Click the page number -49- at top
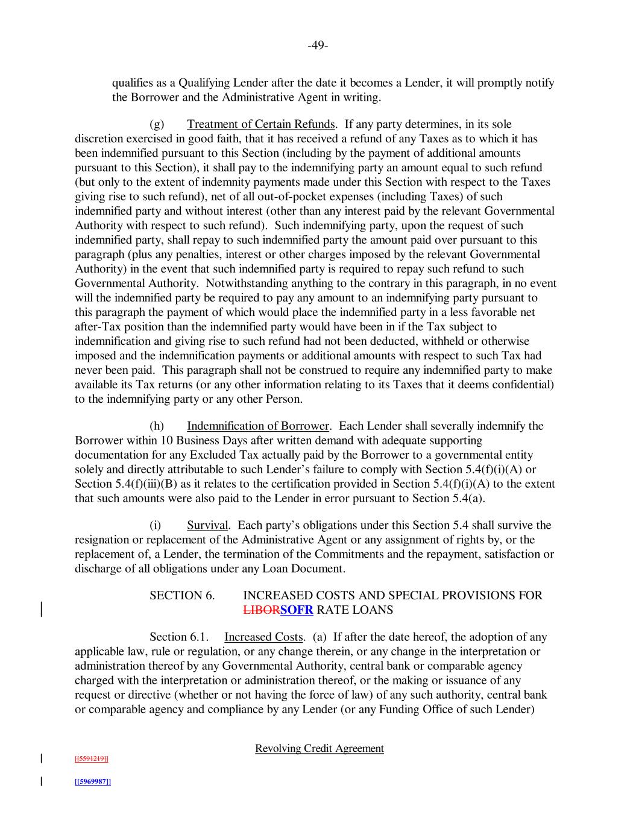[318, 46]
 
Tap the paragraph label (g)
[157, 124]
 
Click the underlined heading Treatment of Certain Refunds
[260, 124]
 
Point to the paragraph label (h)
[157, 426]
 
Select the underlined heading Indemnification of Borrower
[257, 426]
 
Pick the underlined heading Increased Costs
[263, 637]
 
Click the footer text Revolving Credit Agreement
[319, 748]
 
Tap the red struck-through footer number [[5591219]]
[91, 758]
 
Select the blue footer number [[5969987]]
[92, 781]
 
